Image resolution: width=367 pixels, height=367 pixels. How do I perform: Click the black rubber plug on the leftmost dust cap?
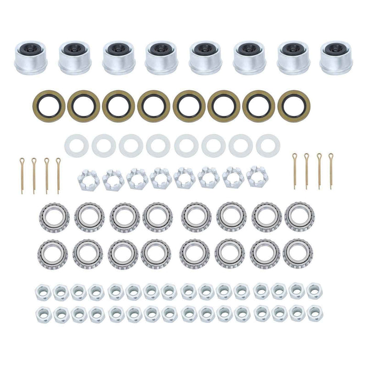click(30, 49)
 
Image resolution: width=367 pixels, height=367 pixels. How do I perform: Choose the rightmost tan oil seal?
click(293, 105)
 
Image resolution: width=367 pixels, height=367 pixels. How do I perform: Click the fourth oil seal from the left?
click(154, 105)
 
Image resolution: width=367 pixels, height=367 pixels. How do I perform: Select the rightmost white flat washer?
click(268, 144)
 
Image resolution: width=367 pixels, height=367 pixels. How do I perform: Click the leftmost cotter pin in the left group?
click(22, 175)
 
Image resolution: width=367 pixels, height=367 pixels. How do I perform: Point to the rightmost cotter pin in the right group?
click(331, 170)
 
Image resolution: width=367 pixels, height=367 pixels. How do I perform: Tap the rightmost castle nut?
click(257, 178)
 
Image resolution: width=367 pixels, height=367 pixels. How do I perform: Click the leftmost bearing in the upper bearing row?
click(52, 216)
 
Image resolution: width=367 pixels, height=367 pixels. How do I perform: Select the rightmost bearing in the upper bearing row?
click(299, 216)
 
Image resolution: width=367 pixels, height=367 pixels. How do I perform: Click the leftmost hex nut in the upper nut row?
click(42, 290)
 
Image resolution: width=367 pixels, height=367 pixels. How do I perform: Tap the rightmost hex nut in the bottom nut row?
click(314, 312)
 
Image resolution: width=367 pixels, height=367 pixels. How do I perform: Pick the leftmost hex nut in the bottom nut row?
click(42, 312)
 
